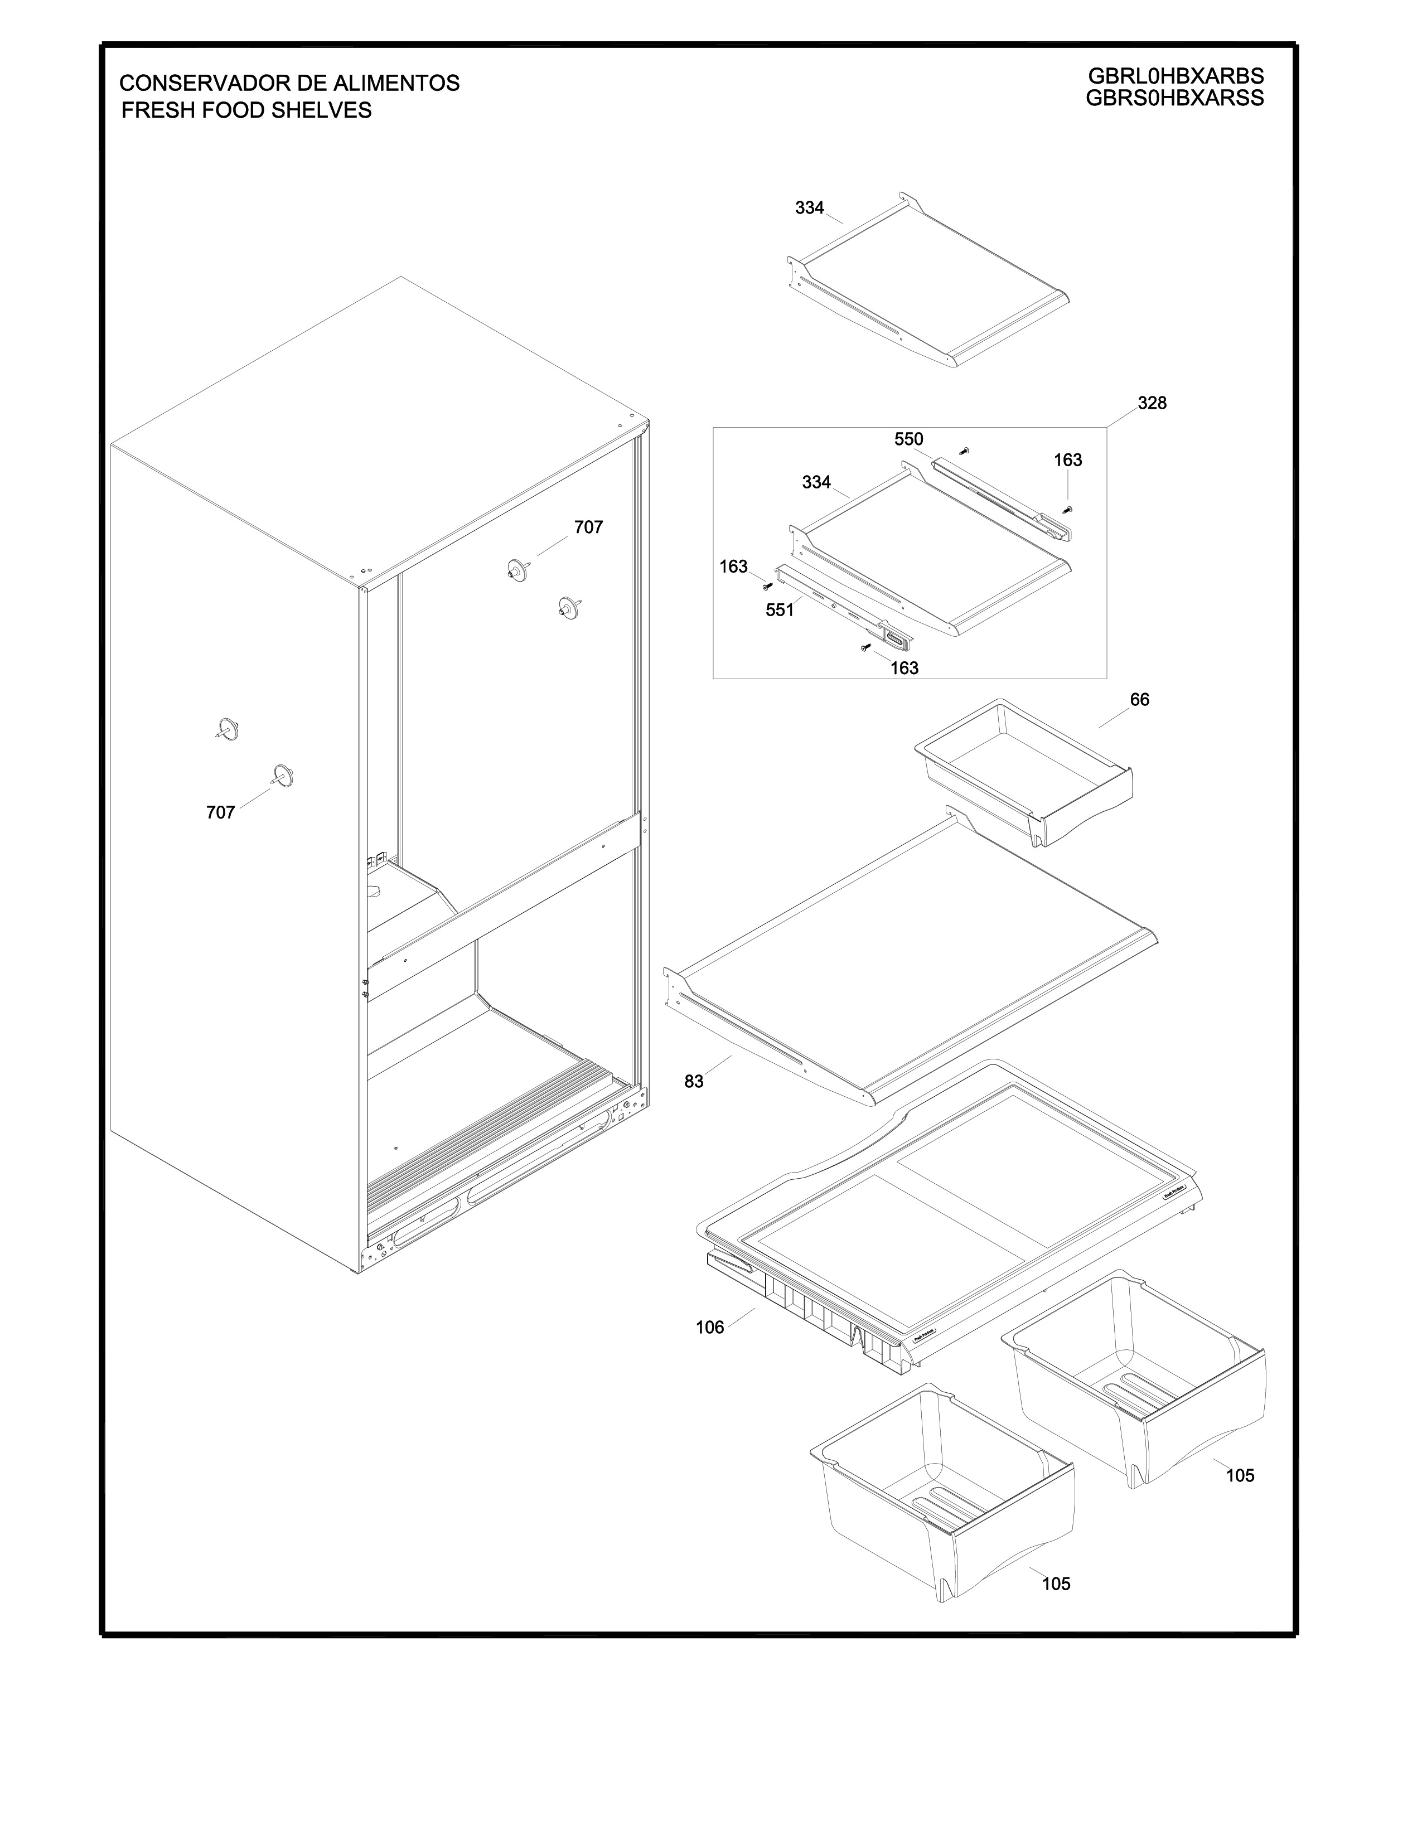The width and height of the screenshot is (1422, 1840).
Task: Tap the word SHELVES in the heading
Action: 325,110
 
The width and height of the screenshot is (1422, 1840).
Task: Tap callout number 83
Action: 693,1082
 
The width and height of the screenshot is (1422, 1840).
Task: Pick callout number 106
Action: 709,1328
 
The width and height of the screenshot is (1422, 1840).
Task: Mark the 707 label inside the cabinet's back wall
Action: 588,527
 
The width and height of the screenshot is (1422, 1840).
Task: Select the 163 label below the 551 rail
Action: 904,668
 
